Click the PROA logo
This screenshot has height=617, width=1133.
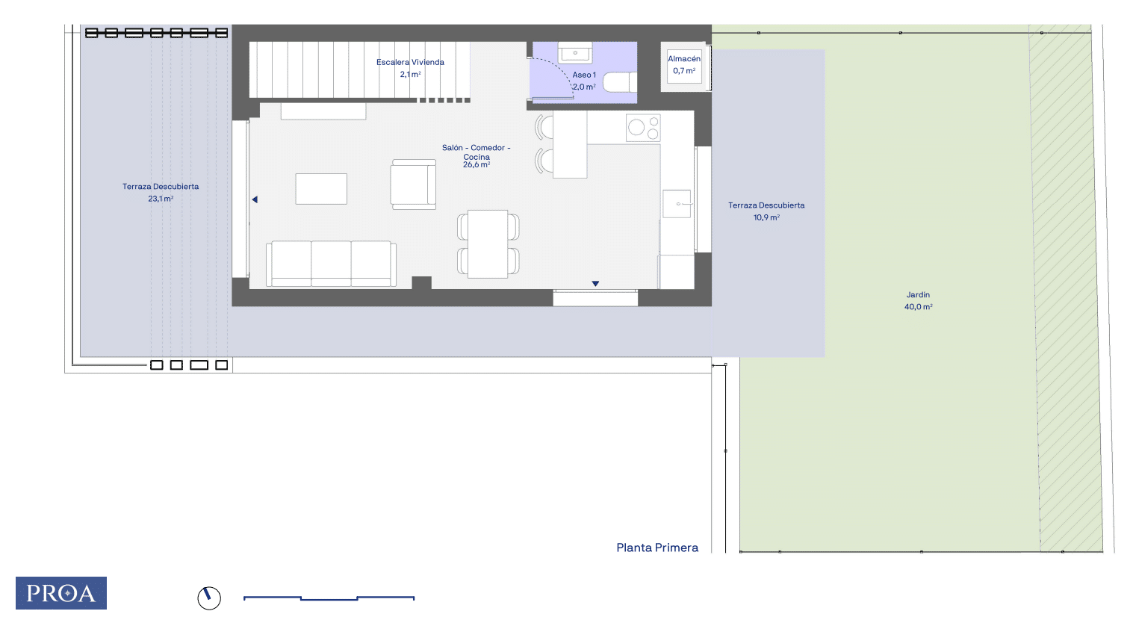(61, 593)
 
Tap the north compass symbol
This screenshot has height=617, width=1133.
(209, 598)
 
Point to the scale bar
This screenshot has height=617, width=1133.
(329, 598)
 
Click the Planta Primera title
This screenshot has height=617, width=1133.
(657, 548)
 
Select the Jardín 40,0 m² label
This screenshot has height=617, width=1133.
(918, 300)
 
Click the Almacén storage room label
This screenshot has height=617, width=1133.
(684, 65)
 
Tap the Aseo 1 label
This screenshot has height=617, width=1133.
(584, 81)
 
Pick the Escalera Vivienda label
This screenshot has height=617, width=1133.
(410, 68)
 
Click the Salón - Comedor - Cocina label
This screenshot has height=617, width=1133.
(476, 156)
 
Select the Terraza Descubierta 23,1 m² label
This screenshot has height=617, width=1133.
(161, 193)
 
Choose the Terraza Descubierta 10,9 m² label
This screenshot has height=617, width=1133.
(766, 211)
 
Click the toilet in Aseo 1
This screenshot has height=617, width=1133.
(620, 82)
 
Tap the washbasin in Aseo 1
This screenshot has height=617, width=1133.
(575, 53)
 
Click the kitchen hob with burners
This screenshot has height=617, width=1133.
(643, 128)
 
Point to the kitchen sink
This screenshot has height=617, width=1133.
(677, 204)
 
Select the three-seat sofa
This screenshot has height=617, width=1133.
(331, 264)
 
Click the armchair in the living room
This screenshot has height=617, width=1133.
(413, 184)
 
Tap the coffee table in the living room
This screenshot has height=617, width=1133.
(321, 189)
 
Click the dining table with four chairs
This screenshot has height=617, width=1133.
(488, 244)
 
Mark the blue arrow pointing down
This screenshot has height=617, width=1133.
(595, 284)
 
